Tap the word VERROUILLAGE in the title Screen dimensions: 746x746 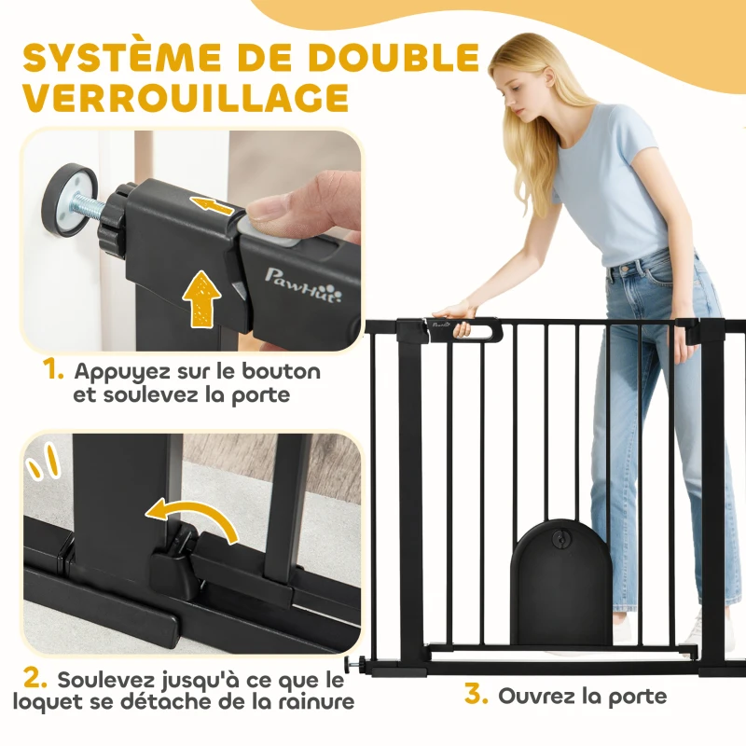tap(186, 99)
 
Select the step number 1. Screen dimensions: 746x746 tap(52, 370)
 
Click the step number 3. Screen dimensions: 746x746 tap(476, 696)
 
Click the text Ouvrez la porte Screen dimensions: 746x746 tap(583, 696)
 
